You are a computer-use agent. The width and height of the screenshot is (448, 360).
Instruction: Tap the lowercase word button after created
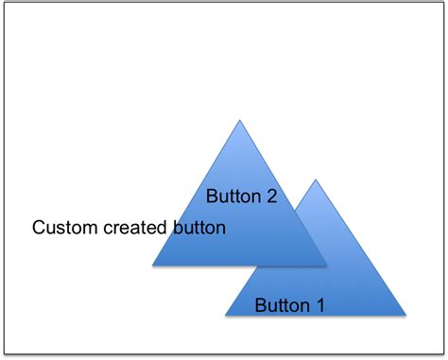pos(197,228)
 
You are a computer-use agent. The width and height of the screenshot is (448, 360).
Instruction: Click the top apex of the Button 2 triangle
pos(240,120)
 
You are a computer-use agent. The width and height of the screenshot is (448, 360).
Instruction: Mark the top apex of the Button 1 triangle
pos(317,179)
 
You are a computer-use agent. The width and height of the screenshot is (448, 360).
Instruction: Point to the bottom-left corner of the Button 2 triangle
pos(153,266)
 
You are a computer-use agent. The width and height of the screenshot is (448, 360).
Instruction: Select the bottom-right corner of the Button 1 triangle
pos(405,315)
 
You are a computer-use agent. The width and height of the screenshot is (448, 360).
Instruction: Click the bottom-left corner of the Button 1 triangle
pos(226,315)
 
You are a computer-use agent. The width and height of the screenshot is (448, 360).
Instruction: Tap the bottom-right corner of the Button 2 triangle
pos(326,266)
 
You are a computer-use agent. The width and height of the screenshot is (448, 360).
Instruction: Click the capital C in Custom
pos(39,228)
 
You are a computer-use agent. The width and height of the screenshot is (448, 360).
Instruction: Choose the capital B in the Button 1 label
pos(261,305)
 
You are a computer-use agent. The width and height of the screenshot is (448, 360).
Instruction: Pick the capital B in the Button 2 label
pos(213,197)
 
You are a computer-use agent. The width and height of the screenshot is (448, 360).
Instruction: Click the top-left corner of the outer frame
pos(4,4)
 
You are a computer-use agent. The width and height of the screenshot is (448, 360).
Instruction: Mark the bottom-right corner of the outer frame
pos(443,355)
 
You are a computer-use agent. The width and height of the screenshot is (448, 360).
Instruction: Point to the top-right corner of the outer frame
pos(443,4)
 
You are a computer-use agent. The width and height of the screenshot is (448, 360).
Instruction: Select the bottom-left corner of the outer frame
pos(4,355)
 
